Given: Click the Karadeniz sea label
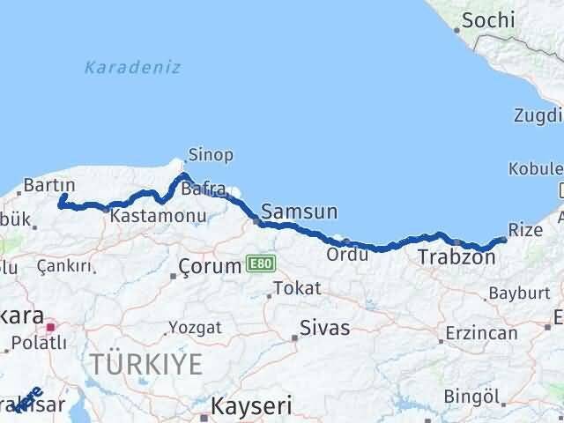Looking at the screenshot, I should click(133, 67).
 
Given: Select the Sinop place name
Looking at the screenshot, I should click(211, 155).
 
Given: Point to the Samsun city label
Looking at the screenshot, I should click(300, 211).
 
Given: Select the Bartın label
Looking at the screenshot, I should click(48, 185).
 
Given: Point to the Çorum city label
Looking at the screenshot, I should click(210, 265).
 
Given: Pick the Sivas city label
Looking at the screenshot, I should click(324, 328).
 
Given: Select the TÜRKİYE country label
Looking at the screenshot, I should click(145, 363).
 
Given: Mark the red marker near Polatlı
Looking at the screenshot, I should click(51, 327).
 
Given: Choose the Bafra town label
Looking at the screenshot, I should click(204, 188).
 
